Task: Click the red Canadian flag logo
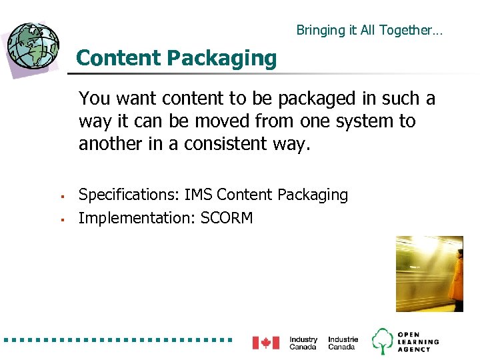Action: (x=265, y=343)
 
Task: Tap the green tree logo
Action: (x=382, y=341)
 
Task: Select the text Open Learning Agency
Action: (x=418, y=341)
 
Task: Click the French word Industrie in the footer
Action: (x=343, y=339)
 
